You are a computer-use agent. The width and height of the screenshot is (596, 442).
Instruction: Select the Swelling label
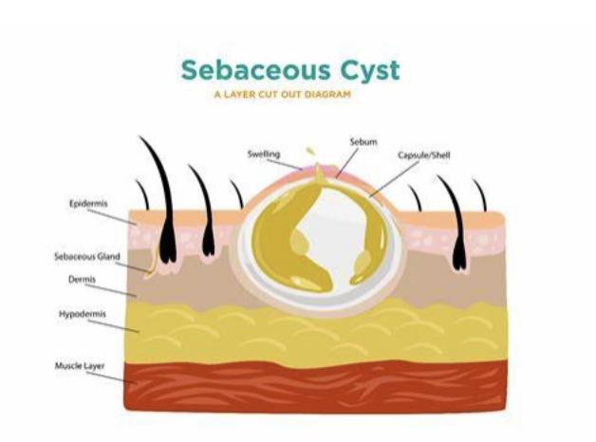pyautogui.click(x=263, y=154)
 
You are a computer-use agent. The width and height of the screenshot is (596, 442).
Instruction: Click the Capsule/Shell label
pyautogui.click(x=422, y=157)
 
